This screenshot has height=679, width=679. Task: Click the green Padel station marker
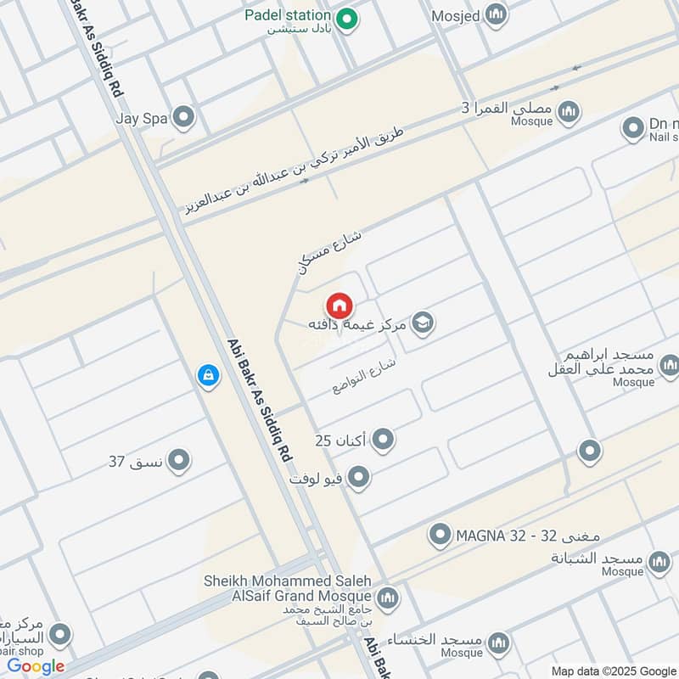coord(345,20)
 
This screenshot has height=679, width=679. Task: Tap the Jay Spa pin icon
coord(182,118)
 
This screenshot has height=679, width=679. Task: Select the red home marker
coord(339,306)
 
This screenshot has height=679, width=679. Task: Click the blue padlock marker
coord(207,374)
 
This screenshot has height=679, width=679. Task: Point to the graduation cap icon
coord(422,323)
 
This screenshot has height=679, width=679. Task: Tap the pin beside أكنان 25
coord(384,440)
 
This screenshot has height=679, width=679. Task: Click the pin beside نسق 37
coord(178,461)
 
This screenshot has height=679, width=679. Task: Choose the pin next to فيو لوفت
coord(359,478)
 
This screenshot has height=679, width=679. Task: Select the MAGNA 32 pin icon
coord(440,535)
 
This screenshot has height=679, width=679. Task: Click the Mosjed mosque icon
coord(495,14)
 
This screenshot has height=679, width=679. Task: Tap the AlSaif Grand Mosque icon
coord(388,598)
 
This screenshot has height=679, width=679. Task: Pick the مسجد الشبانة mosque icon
coord(659,562)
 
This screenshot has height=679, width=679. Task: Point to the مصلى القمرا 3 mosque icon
coord(569,112)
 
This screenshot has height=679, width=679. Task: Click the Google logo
coord(36,667)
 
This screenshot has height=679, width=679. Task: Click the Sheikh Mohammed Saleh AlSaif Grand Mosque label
coord(288,587)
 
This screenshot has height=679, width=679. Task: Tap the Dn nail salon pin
coord(632,129)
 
